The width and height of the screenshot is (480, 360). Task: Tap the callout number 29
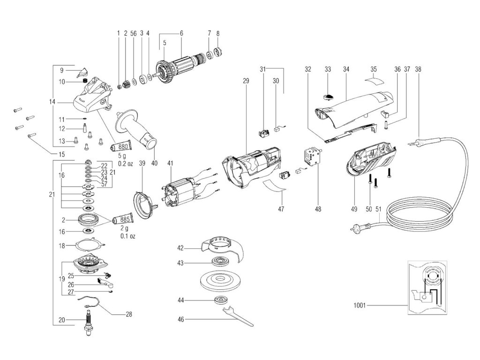[245, 82]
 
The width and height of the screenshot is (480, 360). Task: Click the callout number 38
[418, 69]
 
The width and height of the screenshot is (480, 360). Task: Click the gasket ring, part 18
[90, 244]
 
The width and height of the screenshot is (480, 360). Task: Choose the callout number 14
[52, 101]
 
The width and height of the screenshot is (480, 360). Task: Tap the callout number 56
[133, 33]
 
